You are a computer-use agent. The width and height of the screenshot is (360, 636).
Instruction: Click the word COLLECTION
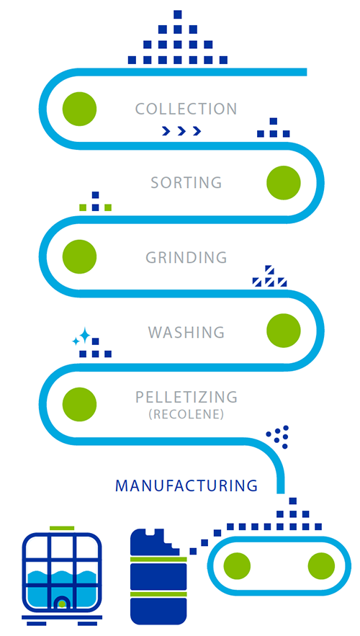click(x=186, y=109)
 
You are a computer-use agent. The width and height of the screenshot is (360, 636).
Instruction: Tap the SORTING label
click(x=186, y=182)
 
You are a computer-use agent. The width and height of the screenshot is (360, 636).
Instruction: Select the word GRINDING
click(x=186, y=257)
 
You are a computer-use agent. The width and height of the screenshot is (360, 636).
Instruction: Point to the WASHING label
click(x=186, y=332)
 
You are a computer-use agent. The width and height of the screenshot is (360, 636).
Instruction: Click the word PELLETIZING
click(x=186, y=397)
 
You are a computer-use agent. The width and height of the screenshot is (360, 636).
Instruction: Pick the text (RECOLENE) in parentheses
click(x=186, y=416)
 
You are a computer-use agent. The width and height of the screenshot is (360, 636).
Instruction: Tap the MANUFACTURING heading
click(x=186, y=485)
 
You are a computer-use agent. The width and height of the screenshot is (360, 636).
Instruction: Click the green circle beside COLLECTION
click(x=79, y=109)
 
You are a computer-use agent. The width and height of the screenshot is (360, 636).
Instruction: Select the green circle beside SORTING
click(x=284, y=182)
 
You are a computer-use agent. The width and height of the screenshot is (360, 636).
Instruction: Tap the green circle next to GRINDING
click(x=79, y=256)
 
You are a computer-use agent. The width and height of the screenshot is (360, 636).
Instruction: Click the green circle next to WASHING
click(x=284, y=331)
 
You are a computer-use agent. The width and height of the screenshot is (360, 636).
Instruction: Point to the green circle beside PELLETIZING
click(x=79, y=404)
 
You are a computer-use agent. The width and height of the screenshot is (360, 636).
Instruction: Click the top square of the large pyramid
click(x=178, y=14)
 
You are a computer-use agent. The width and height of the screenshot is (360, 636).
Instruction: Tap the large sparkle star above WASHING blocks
click(x=85, y=336)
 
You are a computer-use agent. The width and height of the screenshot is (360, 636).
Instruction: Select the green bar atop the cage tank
click(x=62, y=528)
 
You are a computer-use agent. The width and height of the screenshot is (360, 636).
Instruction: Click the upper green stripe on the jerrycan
click(x=158, y=560)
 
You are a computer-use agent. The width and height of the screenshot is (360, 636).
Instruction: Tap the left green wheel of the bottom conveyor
click(x=237, y=566)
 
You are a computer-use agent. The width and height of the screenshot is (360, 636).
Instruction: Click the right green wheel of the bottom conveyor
click(x=322, y=566)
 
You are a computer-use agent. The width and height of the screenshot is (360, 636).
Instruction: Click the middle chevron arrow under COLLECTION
click(x=181, y=130)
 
